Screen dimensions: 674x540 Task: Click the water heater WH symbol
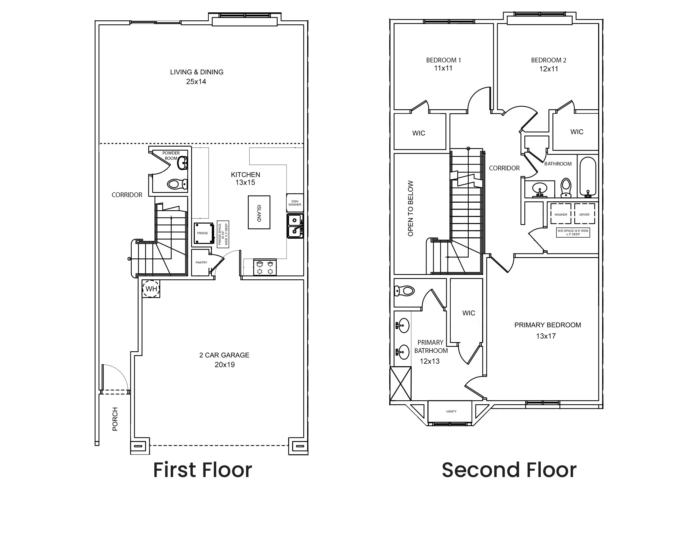coord(151,288)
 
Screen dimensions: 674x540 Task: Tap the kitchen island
coord(259,212)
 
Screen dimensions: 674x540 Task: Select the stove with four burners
coord(265,267)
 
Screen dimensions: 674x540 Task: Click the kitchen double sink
coord(295,226)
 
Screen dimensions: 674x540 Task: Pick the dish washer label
coord(295,203)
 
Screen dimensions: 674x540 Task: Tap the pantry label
coord(201,262)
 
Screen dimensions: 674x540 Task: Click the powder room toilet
coord(177,184)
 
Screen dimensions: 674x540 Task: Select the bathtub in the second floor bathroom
coord(588,176)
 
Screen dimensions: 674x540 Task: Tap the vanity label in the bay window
coord(451,411)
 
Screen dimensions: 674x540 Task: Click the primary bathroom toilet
coord(404,291)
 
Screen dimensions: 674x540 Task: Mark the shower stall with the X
coord(400,384)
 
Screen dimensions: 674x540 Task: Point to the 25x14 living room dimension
coord(196,82)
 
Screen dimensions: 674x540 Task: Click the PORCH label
coord(115,419)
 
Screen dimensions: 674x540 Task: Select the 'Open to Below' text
coord(410,208)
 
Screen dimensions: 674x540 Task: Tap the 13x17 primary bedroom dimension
coord(546,336)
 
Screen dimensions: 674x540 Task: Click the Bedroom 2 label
coord(549,60)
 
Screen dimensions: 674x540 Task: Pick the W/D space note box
coord(573,233)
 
